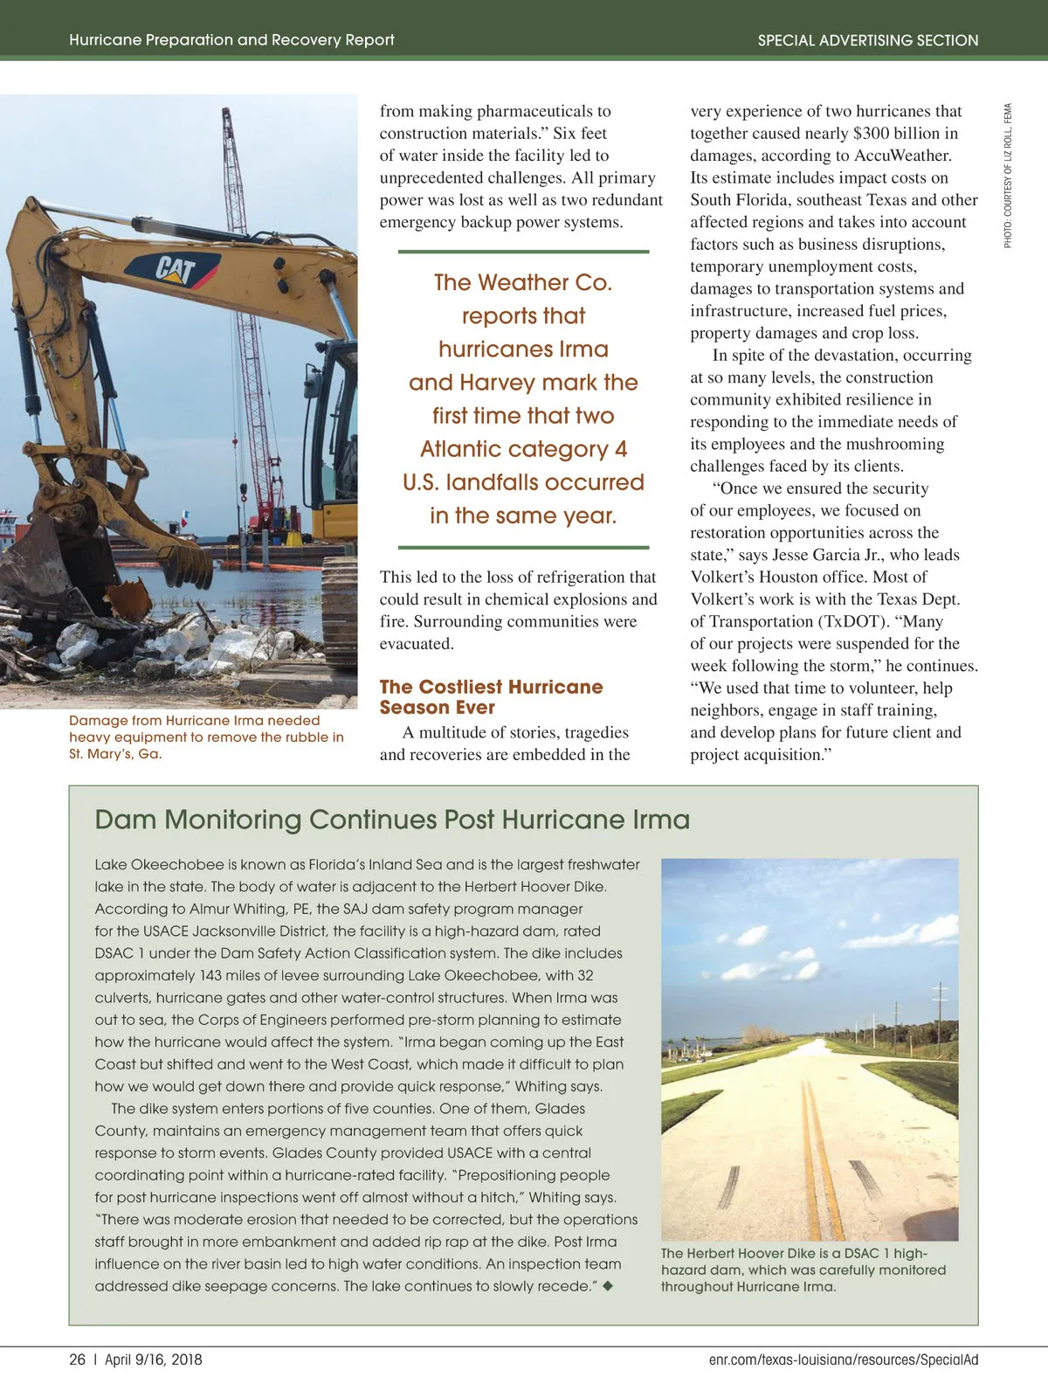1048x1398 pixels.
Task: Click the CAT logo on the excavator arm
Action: [x=176, y=267]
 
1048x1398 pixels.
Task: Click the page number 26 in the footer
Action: [x=78, y=1359]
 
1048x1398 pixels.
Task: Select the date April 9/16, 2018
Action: [x=154, y=1359]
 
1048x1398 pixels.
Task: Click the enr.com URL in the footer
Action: [x=843, y=1359]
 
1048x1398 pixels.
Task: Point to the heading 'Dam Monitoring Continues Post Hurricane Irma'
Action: [x=392, y=820]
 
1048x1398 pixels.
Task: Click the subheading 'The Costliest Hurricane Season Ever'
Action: [x=491, y=697]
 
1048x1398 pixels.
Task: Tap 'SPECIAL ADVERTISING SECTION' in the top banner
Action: [x=867, y=40]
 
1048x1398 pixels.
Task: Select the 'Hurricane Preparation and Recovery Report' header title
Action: [x=231, y=40]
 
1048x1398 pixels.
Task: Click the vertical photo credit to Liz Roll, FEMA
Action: [x=1008, y=176]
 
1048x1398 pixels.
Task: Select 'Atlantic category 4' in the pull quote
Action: [x=523, y=449]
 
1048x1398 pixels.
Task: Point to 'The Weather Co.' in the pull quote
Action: [x=523, y=282]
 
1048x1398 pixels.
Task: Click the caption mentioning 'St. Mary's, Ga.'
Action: [x=206, y=737]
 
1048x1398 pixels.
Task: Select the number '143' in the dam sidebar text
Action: [x=210, y=975]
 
